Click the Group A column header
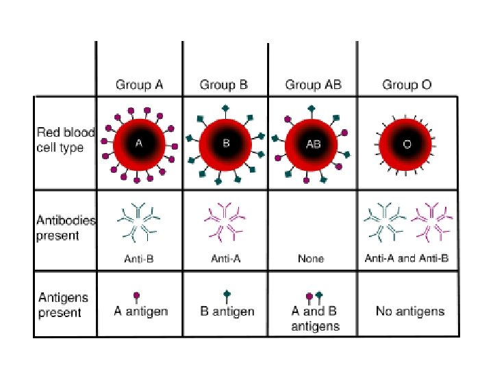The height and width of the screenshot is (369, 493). point(139,85)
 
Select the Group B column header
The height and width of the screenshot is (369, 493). point(224,85)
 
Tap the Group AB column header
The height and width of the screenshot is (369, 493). point(313,85)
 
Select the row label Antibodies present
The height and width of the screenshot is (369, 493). point(66,228)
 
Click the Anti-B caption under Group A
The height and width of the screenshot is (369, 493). point(139,259)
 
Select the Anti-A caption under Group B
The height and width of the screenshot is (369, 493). point(225,259)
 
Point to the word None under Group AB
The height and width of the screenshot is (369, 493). point(311,259)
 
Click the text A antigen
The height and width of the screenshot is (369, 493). point(140,312)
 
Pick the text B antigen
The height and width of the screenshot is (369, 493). point(227,312)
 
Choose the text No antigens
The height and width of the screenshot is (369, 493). point(409,312)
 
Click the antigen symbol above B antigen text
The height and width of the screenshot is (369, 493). point(227,297)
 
